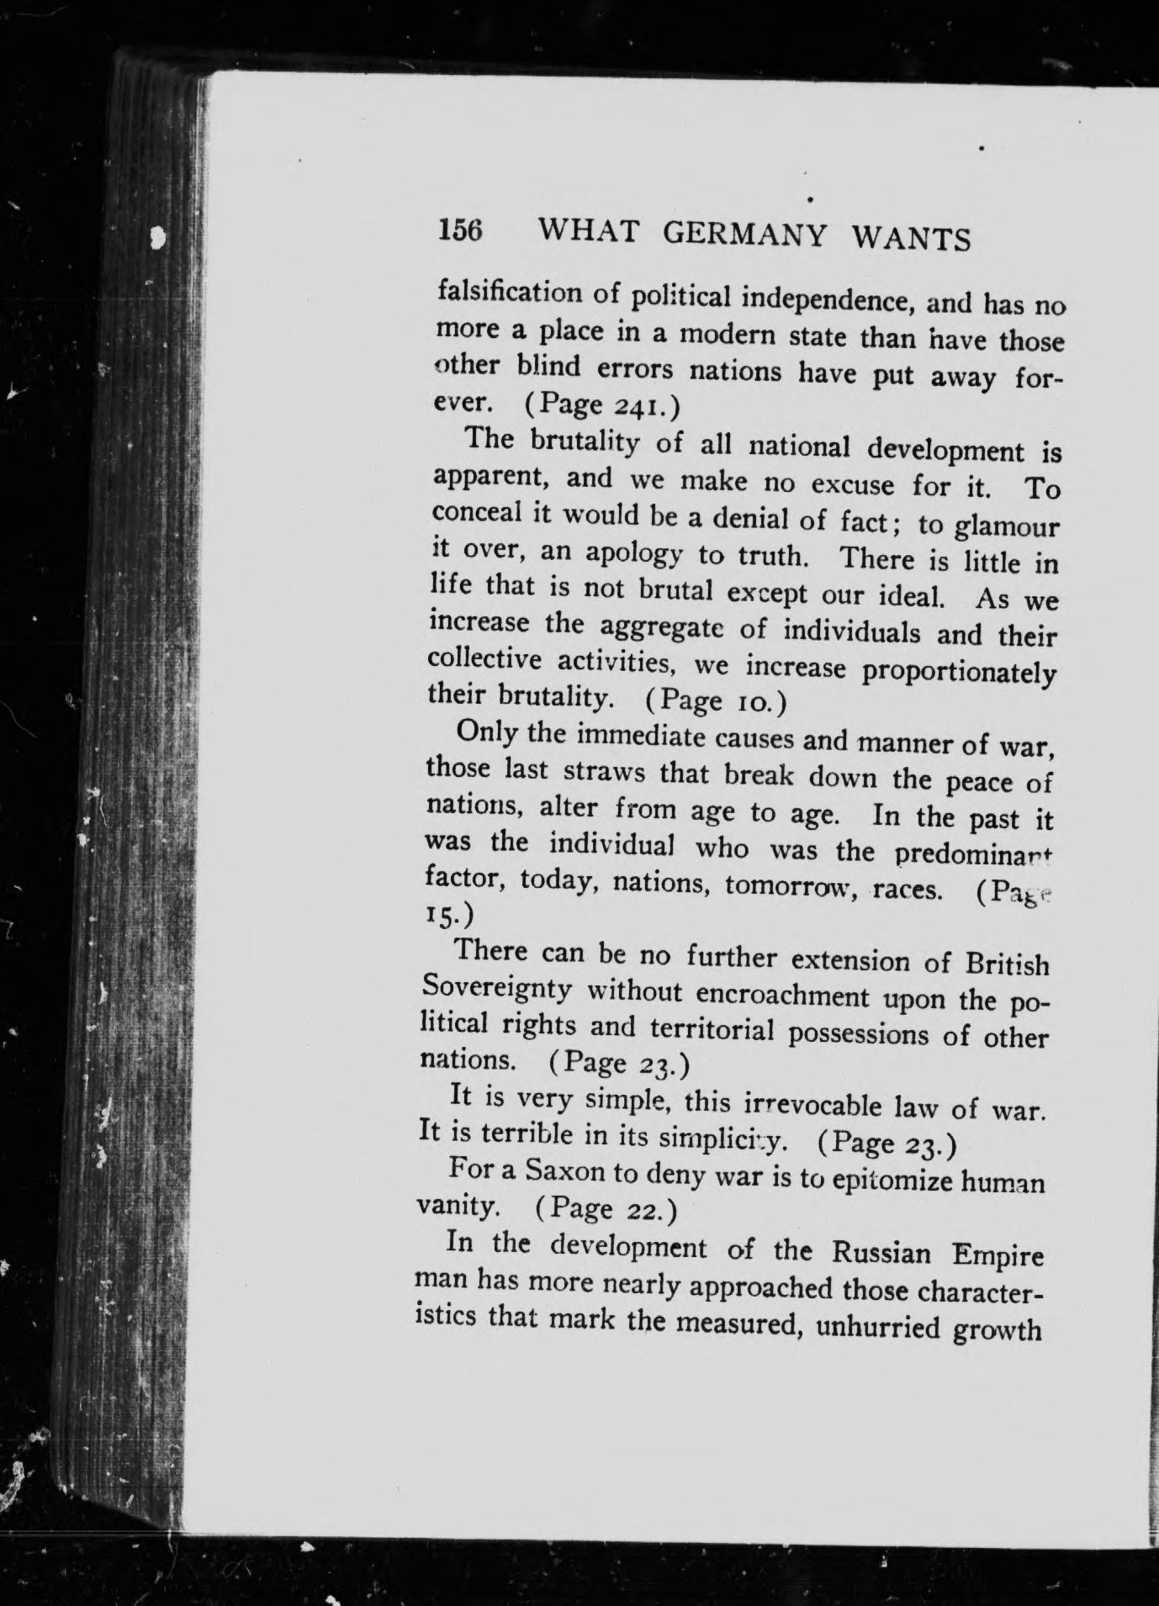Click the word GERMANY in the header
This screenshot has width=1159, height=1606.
click(744, 235)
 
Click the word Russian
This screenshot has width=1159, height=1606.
click(881, 1253)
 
